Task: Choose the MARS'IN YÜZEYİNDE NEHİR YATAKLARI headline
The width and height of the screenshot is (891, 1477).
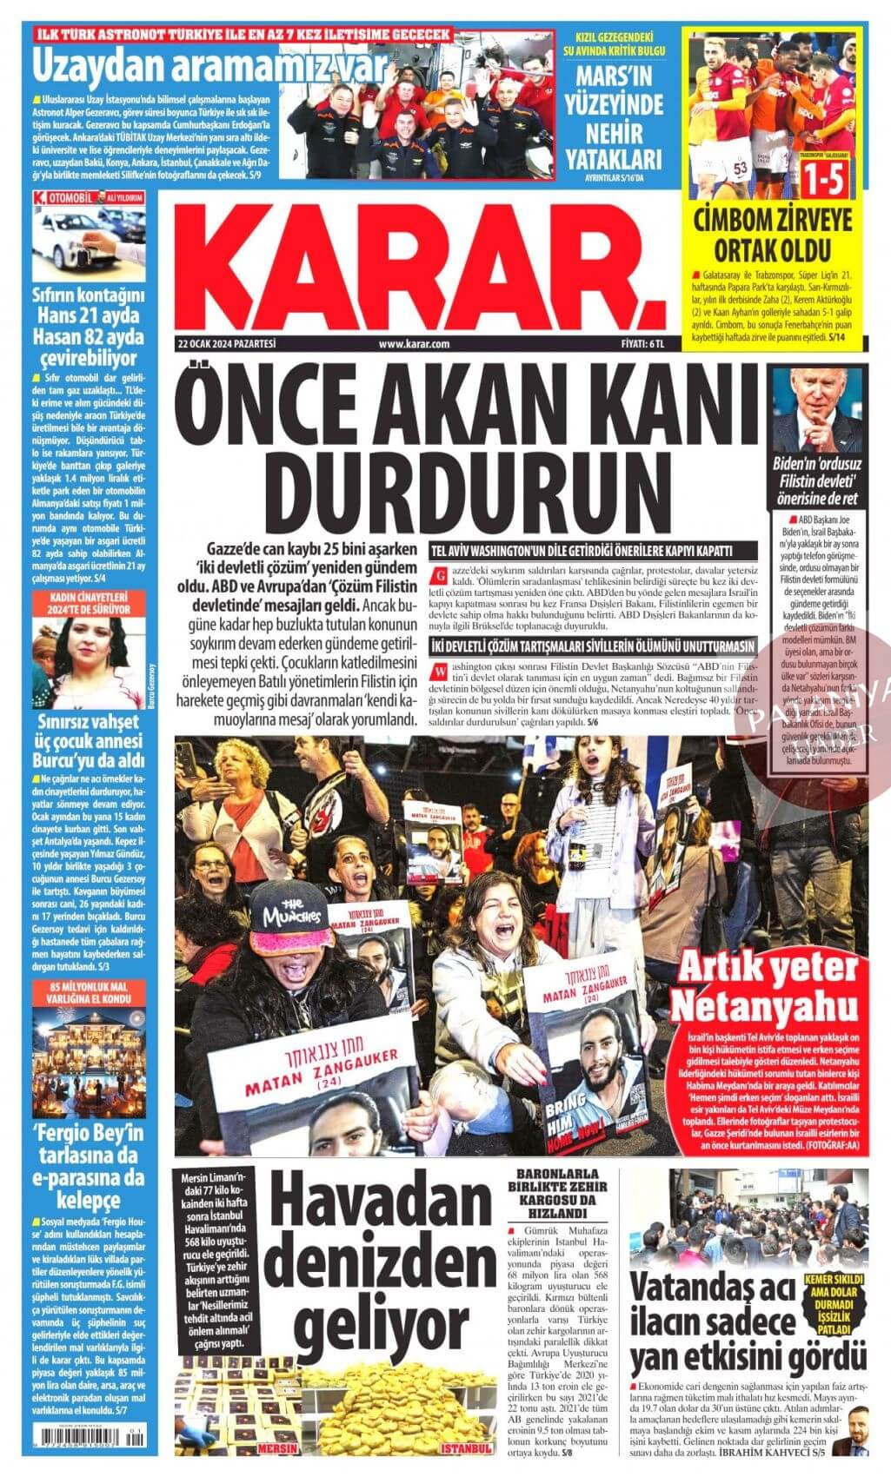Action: [x=616, y=119]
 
